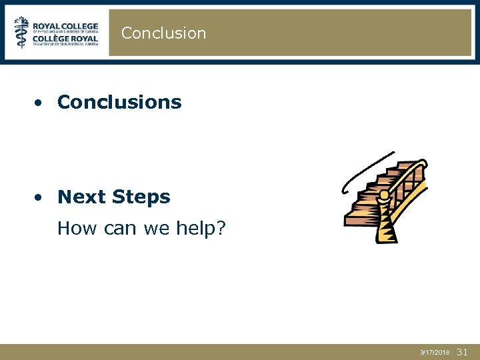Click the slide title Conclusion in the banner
click(x=163, y=33)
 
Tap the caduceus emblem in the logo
click(x=23, y=33)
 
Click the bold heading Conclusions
click(x=119, y=102)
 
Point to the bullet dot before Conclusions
click(x=41, y=103)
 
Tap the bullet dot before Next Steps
click(x=41, y=197)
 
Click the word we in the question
click(x=158, y=229)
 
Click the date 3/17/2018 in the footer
click(x=435, y=351)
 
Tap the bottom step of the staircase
click(x=361, y=220)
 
